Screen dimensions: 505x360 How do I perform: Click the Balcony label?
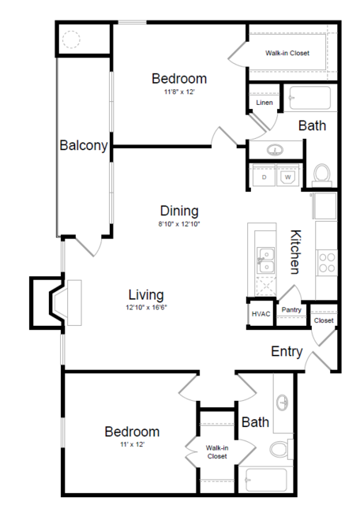(x=83, y=145)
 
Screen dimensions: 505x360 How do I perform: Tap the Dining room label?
(x=179, y=211)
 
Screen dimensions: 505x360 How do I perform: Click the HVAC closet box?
(x=261, y=313)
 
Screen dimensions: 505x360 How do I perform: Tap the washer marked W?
(x=288, y=178)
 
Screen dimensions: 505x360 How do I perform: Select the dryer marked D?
(x=264, y=178)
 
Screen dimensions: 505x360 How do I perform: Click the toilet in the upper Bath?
(x=322, y=172)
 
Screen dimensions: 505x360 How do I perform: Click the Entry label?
(x=287, y=352)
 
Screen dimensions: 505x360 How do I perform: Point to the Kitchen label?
(x=296, y=252)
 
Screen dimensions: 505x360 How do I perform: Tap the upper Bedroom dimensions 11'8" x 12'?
(x=178, y=92)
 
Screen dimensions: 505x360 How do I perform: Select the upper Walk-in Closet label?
(x=287, y=53)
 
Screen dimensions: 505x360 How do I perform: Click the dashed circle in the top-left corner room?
(x=72, y=39)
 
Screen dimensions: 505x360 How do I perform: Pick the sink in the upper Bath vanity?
(x=276, y=150)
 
